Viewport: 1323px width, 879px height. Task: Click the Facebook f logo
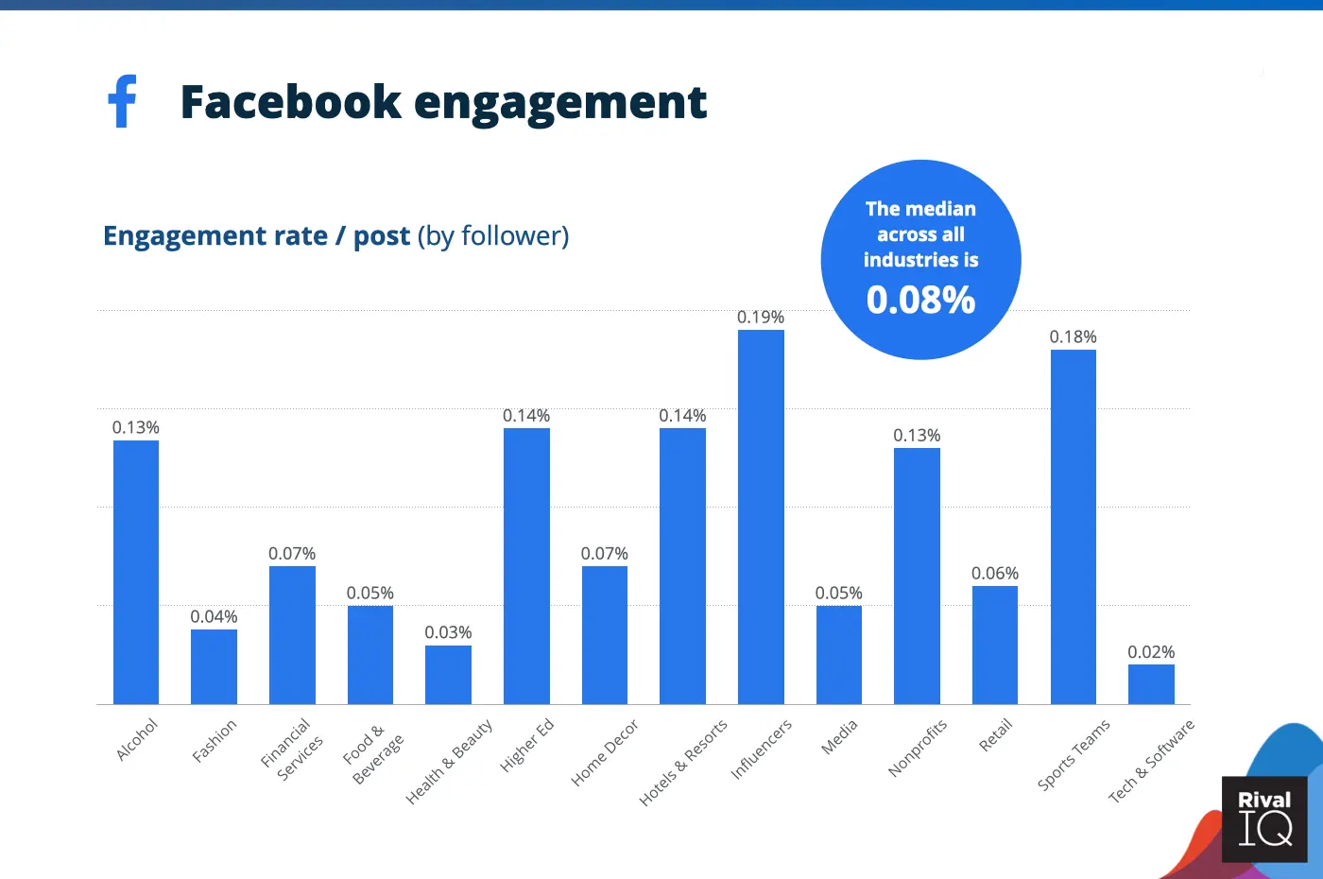[x=123, y=101]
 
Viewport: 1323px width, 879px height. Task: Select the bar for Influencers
[x=761, y=517]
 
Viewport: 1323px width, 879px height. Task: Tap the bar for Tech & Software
[x=1151, y=684]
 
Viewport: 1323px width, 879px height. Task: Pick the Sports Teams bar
[x=1074, y=526]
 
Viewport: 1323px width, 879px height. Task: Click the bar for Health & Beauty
[x=448, y=675]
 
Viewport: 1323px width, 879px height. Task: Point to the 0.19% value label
[x=761, y=318]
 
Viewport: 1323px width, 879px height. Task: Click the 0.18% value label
[x=1074, y=337]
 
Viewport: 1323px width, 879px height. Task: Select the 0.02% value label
[x=1151, y=652]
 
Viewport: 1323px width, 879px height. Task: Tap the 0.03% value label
[x=448, y=632]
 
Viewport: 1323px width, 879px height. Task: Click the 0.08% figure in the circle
[x=920, y=301]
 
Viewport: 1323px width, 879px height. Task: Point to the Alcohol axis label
[x=137, y=739]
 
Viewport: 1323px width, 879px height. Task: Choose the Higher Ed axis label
[x=526, y=745]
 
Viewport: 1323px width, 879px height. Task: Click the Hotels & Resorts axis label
[x=683, y=763]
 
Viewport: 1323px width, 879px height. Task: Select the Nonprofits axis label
[x=918, y=748]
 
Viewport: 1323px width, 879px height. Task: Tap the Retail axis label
[x=996, y=735]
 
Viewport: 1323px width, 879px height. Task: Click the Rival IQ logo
[x=1264, y=819]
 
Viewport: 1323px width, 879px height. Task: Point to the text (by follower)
[x=493, y=235]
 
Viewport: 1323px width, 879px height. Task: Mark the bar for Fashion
[x=214, y=666]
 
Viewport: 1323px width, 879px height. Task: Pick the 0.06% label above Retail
[x=995, y=574]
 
